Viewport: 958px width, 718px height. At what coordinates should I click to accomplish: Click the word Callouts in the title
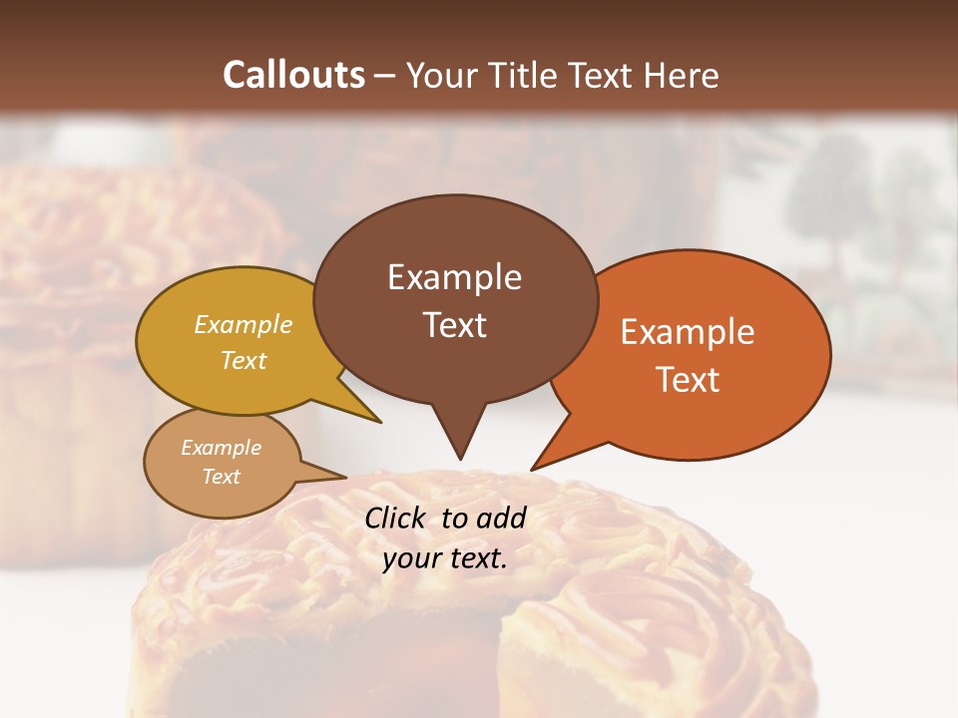click(293, 75)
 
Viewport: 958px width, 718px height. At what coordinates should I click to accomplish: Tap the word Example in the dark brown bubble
click(454, 277)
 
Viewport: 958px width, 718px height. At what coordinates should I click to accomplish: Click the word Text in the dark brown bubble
click(454, 325)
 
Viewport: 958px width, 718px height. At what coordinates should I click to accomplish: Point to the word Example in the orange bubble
click(688, 332)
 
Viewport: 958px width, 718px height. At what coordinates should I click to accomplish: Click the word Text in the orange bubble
click(688, 380)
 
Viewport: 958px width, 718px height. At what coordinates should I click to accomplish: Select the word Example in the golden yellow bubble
click(243, 325)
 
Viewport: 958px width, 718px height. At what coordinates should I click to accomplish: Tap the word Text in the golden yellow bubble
click(243, 361)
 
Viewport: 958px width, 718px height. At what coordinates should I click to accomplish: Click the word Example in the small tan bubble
click(221, 448)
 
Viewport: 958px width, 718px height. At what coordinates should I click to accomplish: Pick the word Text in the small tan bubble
click(221, 477)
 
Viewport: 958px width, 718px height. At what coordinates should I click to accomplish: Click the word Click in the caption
click(396, 518)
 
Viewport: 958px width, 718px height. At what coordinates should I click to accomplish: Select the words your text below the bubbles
click(445, 559)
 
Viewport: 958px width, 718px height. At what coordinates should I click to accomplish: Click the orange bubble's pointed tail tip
click(532, 469)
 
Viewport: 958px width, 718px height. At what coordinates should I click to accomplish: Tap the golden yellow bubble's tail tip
click(380, 422)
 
